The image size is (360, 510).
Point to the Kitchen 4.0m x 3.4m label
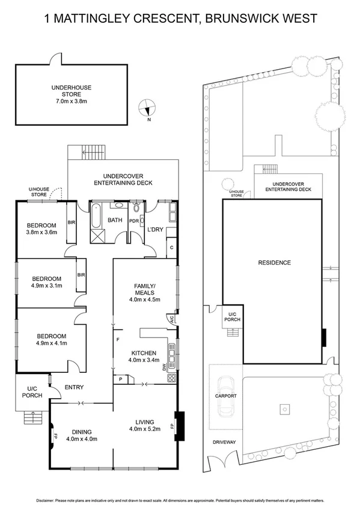[142, 357]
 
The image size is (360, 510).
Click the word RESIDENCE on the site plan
[274, 262]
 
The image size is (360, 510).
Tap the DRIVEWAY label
[224, 442]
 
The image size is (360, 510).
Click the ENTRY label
[74, 387]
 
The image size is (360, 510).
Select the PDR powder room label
[135, 220]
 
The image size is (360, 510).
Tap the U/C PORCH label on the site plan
[233, 316]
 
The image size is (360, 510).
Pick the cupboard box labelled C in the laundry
[171, 247]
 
